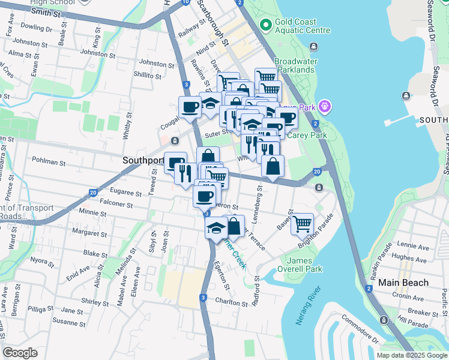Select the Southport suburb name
pos(143,160)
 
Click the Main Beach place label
pos(403,282)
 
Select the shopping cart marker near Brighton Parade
pos(302,224)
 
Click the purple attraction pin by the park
pos(325,107)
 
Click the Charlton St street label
pos(231,303)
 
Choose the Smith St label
pos(49,11)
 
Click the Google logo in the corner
pos(20,353)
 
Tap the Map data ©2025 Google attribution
pos(411,355)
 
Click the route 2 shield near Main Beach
pos(369,289)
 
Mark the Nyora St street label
pos(42,261)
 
